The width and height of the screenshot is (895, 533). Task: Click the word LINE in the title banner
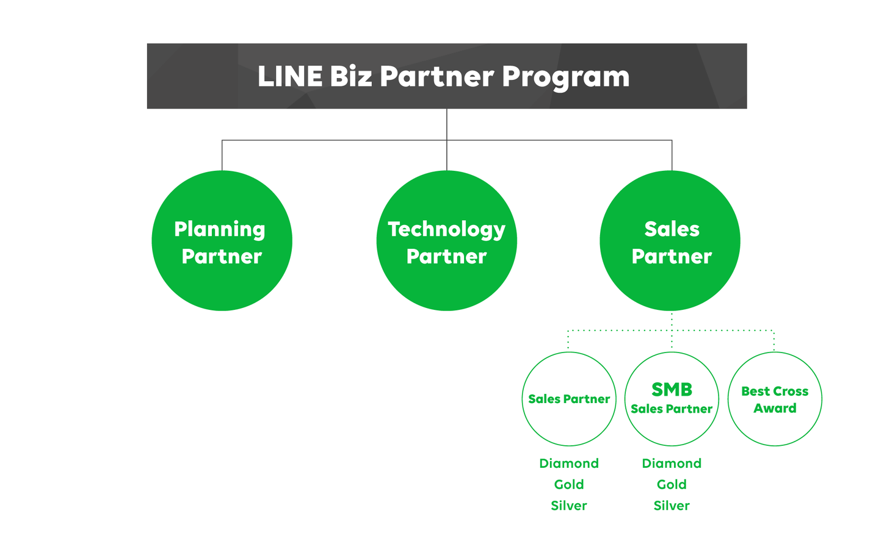(x=289, y=77)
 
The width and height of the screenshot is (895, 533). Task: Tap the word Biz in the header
(x=350, y=77)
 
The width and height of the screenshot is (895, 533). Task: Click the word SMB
(x=672, y=389)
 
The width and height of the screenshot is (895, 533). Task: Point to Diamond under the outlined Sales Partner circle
(x=568, y=463)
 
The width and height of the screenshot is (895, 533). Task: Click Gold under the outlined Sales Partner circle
(x=568, y=484)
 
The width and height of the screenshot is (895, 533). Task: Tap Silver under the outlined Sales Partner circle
(x=568, y=506)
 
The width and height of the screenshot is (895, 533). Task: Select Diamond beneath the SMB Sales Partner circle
(x=672, y=463)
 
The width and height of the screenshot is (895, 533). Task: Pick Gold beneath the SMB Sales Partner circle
(x=672, y=484)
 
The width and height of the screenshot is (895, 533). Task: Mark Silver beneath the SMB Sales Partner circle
(x=672, y=506)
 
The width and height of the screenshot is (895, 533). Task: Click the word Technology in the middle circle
(x=446, y=230)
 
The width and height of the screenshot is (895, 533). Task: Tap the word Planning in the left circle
(x=220, y=230)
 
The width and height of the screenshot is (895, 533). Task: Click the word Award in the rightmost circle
(x=774, y=408)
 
